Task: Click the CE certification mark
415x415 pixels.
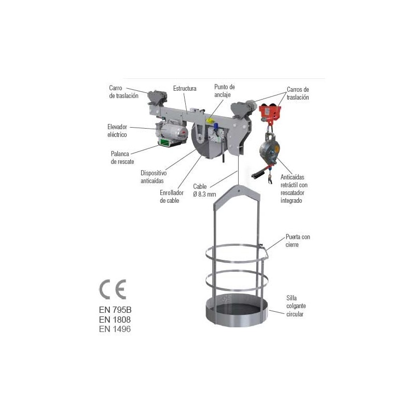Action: tap(113, 289)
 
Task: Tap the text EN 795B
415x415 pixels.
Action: tap(115, 310)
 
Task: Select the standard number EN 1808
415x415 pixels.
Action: tap(115, 320)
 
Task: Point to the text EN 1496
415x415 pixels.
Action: tap(115, 329)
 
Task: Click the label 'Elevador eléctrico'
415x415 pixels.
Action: tap(117, 131)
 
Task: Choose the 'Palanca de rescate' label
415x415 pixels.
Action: tap(122, 158)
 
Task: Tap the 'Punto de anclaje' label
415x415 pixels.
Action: tap(225, 91)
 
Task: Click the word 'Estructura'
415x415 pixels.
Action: tap(185, 88)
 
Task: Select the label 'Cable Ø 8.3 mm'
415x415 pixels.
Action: tap(204, 190)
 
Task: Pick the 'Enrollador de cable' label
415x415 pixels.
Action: tap(172, 197)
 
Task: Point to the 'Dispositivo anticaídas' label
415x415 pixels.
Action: tap(154, 177)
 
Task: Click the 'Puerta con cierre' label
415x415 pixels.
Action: tap(298, 241)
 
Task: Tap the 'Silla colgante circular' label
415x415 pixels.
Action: tap(296, 306)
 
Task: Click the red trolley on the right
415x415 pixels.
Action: tap(270, 113)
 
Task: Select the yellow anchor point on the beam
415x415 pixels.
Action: tap(210, 121)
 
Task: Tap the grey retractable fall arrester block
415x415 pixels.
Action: tap(269, 148)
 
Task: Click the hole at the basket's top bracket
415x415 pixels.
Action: tap(239, 190)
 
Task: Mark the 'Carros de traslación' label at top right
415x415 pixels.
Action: tap(298, 93)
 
